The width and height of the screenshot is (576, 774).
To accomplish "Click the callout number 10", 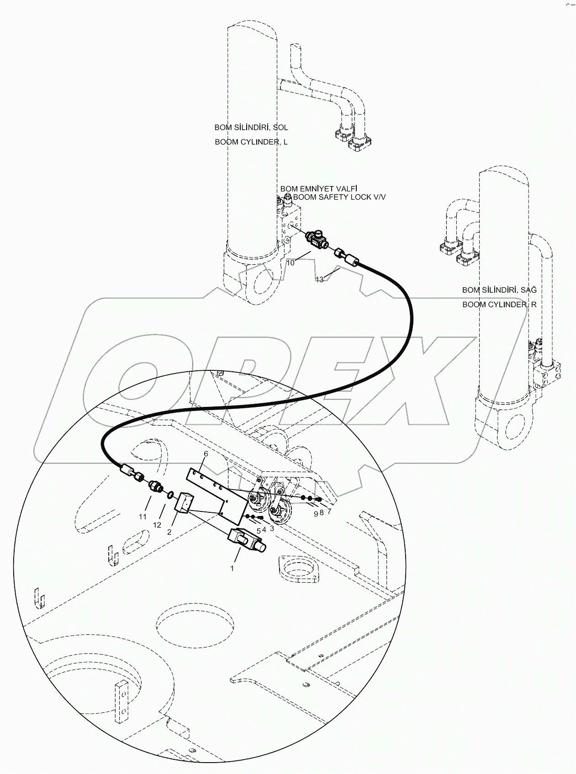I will coord(291,263).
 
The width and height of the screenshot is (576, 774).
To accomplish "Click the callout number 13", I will coord(320,279).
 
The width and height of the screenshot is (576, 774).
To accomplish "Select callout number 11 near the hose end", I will coord(143,516).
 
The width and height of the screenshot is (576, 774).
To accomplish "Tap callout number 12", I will coord(157,525).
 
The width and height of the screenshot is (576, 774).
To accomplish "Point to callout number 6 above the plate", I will coord(206,453).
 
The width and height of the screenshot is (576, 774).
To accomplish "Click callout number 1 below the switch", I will coord(232,568).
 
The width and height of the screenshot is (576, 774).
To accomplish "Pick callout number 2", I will coord(169,532).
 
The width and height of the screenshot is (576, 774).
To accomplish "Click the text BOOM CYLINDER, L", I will coord(251,142).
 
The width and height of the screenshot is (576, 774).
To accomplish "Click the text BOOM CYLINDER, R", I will coord(499,305).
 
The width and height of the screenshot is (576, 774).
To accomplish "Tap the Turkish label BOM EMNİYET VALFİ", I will coord(318,188).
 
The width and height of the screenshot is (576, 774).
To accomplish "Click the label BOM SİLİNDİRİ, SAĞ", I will coord(499,290).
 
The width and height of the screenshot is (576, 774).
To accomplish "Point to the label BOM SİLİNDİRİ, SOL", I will coord(251,127).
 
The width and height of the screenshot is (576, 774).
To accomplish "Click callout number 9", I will coord(315,513).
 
